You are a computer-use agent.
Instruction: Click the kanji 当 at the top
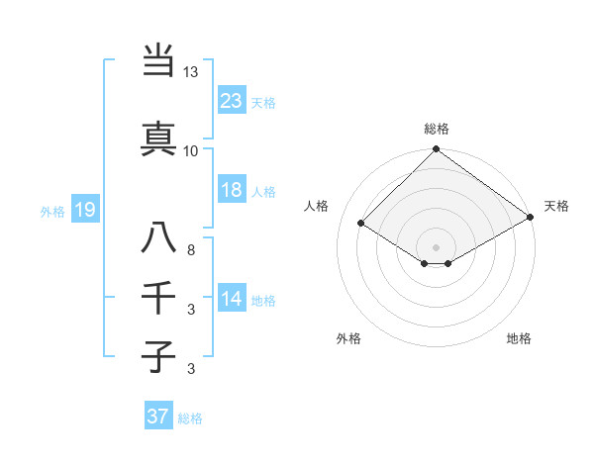click(x=159, y=62)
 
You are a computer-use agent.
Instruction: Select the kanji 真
click(x=159, y=139)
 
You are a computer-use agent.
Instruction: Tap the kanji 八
click(x=159, y=240)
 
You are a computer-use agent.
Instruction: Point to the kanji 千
click(x=159, y=298)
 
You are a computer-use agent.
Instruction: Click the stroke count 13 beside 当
click(x=191, y=72)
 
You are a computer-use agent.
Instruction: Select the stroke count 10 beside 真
click(x=191, y=150)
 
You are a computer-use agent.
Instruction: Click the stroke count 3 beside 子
click(x=190, y=369)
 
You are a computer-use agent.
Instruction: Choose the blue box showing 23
click(x=232, y=100)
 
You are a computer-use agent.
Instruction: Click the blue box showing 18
click(x=232, y=190)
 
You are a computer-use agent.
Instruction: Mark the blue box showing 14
click(x=232, y=299)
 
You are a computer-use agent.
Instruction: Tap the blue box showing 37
click(x=158, y=417)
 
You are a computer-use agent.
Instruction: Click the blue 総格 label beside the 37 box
click(x=190, y=418)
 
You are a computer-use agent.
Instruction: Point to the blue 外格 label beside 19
click(x=52, y=211)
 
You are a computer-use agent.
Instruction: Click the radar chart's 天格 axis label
click(x=556, y=206)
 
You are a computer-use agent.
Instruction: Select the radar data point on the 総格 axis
click(x=436, y=150)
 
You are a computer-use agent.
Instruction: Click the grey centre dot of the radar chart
click(x=436, y=245)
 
